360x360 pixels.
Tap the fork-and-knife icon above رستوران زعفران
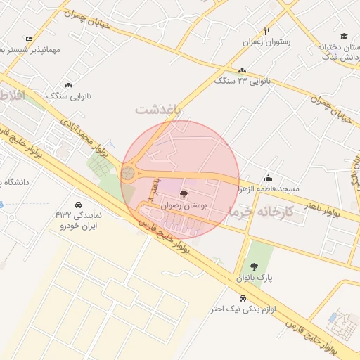[x=266, y=32]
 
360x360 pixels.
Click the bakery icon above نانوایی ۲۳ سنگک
[x=243, y=71]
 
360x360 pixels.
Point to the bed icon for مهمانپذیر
[x=29, y=39]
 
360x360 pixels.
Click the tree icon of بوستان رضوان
[x=184, y=194]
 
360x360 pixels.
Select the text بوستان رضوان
[x=184, y=206]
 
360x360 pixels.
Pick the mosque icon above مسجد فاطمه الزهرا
[x=268, y=178]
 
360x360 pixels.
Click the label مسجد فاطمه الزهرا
[x=269, y=189]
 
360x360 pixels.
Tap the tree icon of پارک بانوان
[x=254, y=266]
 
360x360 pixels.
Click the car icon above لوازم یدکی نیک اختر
[x=243, y=297]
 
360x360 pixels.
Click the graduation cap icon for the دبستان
[x=343, y=37]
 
